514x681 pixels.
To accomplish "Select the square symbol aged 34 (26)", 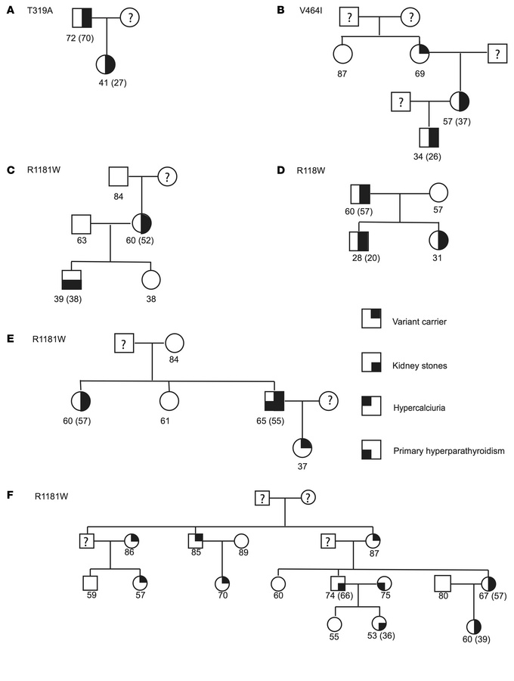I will pos(429,137).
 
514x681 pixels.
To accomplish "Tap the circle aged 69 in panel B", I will pos(419,54).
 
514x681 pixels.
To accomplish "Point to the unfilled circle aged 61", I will pos(170,401).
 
